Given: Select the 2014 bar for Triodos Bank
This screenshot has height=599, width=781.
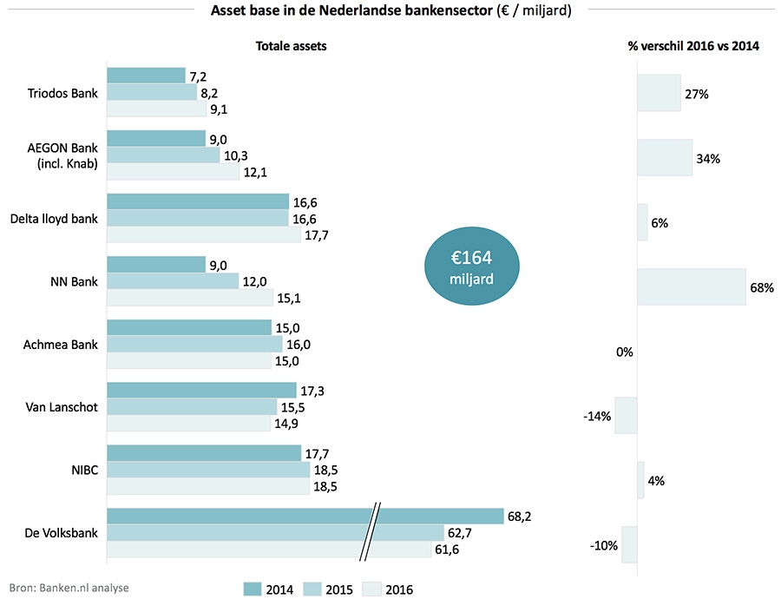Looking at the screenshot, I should point(146,76).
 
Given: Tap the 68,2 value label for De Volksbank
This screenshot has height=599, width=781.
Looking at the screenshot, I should point(519,517).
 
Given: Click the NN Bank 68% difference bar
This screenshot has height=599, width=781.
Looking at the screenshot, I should point(691,287).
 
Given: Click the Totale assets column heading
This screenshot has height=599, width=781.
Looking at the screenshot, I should point(291,46).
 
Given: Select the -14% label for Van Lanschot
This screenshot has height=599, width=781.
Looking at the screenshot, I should point(597,417).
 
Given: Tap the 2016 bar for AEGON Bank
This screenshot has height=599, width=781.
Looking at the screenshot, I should point(173,173).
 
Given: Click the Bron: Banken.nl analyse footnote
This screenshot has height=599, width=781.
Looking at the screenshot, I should point(69,588).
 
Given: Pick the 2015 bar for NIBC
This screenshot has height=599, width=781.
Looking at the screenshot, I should point(208,470).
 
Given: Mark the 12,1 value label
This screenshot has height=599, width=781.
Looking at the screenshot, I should point(257,173).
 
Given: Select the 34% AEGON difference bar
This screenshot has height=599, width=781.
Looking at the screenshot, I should point(665,158).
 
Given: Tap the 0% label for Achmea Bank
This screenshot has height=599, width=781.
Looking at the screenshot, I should point(625,352).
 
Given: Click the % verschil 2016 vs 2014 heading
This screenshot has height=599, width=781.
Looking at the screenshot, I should point(693,46).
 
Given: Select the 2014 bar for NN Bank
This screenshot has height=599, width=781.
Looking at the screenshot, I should point(155,265).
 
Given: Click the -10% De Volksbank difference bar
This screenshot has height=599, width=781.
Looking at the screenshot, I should point(629,545).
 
